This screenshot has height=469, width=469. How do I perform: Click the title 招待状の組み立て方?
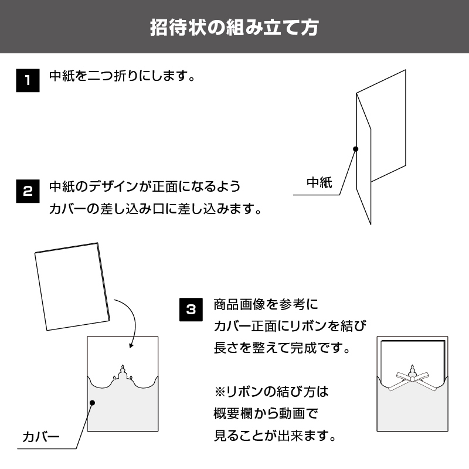coord(234,28)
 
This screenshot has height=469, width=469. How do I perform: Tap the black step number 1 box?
coord(28,80)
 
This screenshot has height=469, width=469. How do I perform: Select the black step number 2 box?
coord(28,191)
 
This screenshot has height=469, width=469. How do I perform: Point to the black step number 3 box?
coord(191,310)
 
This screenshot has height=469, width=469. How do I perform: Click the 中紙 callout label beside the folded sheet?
coord(320,182)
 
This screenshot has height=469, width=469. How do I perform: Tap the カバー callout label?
coord(41,437)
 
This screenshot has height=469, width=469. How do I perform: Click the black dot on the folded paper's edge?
coord(355,149)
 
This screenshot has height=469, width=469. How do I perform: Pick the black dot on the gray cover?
coord(93,403)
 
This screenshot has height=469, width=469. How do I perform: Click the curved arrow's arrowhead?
coord(131,345)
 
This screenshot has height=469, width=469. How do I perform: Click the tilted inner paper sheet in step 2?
coord(72,287)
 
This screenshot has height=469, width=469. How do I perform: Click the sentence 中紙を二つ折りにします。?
coord(123,76)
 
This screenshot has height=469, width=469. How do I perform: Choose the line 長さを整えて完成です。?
coord(282,348)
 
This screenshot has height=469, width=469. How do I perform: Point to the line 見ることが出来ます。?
coord(275,436)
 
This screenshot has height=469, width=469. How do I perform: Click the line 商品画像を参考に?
coord(266,305)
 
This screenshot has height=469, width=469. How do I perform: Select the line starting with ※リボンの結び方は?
coord(271,392)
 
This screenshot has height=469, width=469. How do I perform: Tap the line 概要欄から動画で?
coord(266,414)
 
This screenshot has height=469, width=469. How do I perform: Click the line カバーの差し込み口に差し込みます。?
coord(155,209)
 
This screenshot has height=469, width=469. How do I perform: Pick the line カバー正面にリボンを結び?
coord(290,326)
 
